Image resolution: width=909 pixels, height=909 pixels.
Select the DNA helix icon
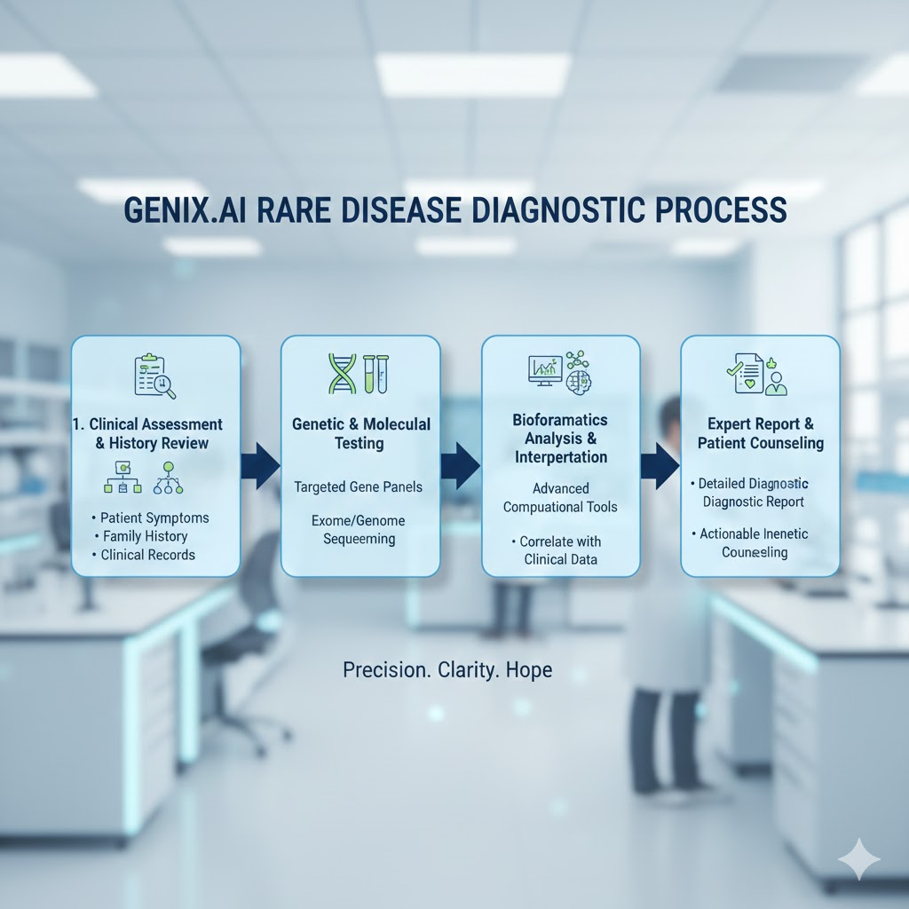tap(342, 374)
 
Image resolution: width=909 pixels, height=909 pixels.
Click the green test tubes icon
tap(375, 374)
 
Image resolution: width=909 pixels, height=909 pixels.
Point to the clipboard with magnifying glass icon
tap(154, 375)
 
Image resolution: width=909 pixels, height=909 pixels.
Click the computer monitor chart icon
tap(545, 370)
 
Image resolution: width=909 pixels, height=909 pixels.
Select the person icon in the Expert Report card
tap(776, 383)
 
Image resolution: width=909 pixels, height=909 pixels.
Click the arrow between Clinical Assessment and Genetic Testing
tap(260, 466)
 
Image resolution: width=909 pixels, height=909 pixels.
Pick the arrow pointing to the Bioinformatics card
tap(461, 466)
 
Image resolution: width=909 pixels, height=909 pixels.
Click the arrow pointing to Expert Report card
tap(660, 466)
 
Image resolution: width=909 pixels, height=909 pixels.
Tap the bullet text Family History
tap(145, 536)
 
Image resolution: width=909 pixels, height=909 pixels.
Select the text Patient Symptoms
tap(154, 518)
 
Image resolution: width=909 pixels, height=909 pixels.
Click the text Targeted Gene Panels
tap(359, 487)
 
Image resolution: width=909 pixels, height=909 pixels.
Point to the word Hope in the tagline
tap(529, 670)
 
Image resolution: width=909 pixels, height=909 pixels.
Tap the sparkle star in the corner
tap(859, 859)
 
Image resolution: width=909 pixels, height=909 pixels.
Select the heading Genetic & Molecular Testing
tap(360, 433)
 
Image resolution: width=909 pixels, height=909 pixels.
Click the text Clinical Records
tap(148, 555)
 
